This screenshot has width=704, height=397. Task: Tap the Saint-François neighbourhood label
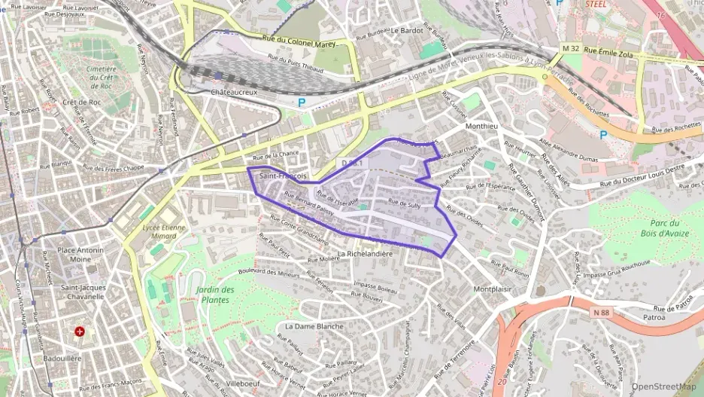pyautogui.click(x=283, y=176)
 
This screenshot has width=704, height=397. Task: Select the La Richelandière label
pyautogui.click(x=366, y=254)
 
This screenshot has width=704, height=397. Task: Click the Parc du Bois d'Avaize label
pyautogui.click(x=665, y=228)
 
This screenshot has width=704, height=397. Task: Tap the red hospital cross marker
pyautogui.click(x=80, y=331)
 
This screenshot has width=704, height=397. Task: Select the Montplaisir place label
pyautogui.click(x=493, y=289)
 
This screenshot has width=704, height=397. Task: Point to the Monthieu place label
pyautogui.click(x=482, y=127)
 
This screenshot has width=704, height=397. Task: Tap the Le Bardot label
pyautogui.click(x=407, y=31)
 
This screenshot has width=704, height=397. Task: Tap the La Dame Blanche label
pyautogui.click(x=314, y=326)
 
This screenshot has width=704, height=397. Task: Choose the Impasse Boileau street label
pyautogui.click(x=375, y=287)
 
